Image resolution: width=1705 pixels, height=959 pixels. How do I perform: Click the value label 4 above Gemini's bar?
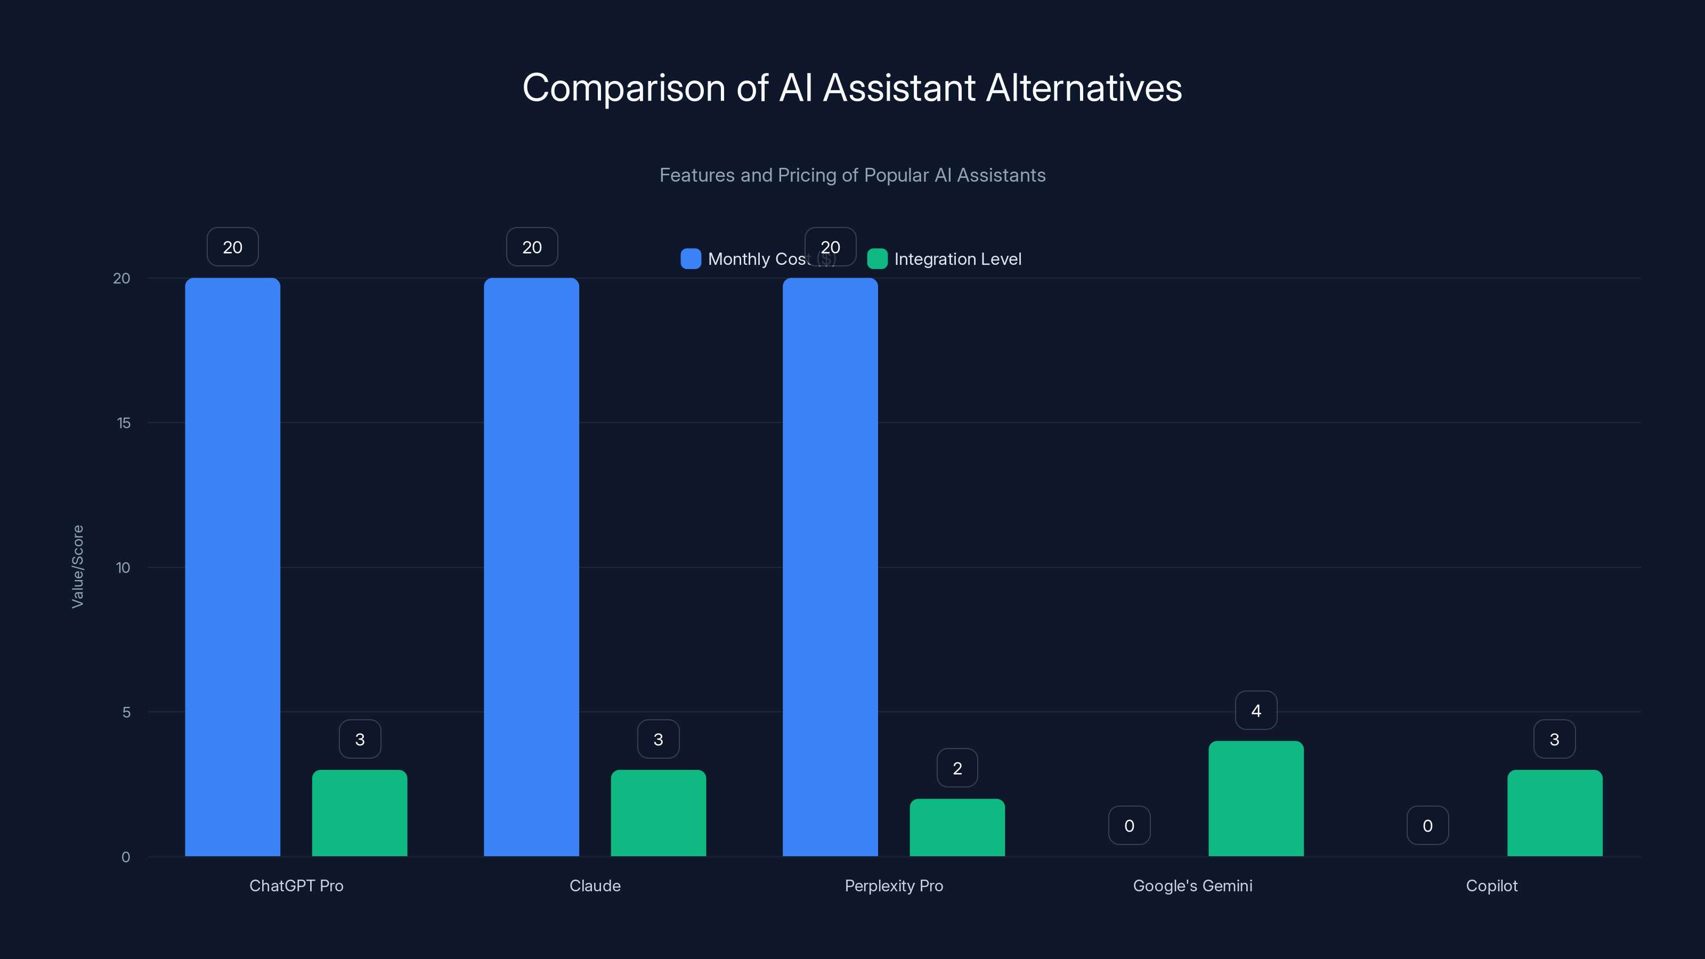click(1256, 710)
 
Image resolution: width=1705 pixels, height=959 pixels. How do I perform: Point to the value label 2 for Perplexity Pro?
click(957, 768)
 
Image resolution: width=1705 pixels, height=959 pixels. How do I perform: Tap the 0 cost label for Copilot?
click(1427, 825)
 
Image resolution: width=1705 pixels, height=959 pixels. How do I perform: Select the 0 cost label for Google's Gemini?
click(1129, 825)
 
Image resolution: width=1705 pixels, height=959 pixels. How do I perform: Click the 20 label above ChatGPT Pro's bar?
click(232, 247)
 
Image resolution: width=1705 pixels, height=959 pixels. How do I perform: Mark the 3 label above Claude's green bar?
click(658, 739)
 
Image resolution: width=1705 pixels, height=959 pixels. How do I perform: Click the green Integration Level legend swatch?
click(877, 259)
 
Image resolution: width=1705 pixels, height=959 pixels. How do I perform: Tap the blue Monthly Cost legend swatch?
click(691, 259)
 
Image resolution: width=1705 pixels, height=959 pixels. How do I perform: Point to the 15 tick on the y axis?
click(124, 423)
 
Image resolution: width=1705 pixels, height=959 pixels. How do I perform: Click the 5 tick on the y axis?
click(126, 712)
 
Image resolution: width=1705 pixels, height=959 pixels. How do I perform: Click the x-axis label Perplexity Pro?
click(894, 885)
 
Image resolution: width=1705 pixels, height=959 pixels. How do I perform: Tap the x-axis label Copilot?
click(1491, 885)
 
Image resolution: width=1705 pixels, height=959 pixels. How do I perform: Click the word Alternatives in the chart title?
click(1084, 88)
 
